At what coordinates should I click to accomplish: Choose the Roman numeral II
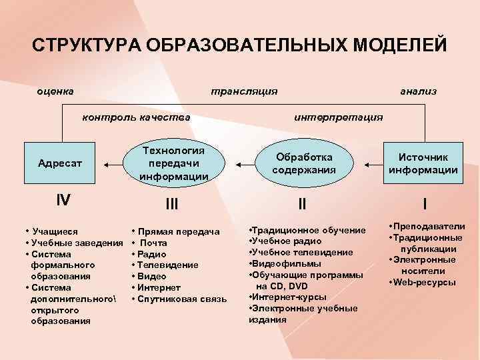[x=301, y=203]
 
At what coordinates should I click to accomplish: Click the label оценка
[x=55, y=90]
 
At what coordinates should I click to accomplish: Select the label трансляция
[x=243, y=90]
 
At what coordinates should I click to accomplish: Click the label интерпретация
[x=338, y=117]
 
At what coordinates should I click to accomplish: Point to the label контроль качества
[x=135, y=117]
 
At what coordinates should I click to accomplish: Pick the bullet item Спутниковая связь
[x=180, y=299]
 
